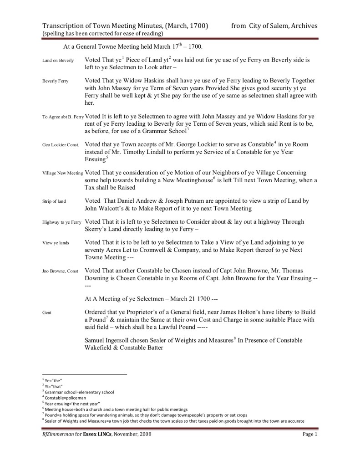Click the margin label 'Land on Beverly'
tap(58, 61)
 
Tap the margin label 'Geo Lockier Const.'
tap(61, 145)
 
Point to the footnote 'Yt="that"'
tap(51, 386)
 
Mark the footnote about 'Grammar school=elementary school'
tap(78, 392)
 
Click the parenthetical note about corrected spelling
tap(103, 34)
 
